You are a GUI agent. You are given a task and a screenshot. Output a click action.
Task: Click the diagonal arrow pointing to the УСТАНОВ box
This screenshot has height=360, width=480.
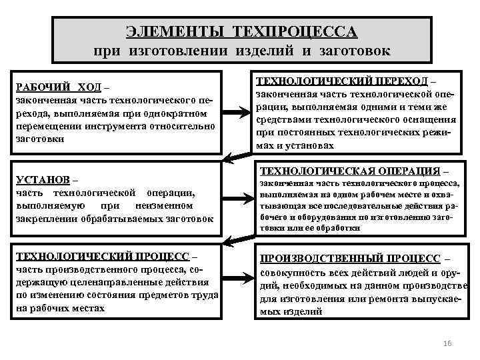pos(235,157)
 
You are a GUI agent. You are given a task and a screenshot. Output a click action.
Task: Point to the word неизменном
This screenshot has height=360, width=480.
pos(164,205)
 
